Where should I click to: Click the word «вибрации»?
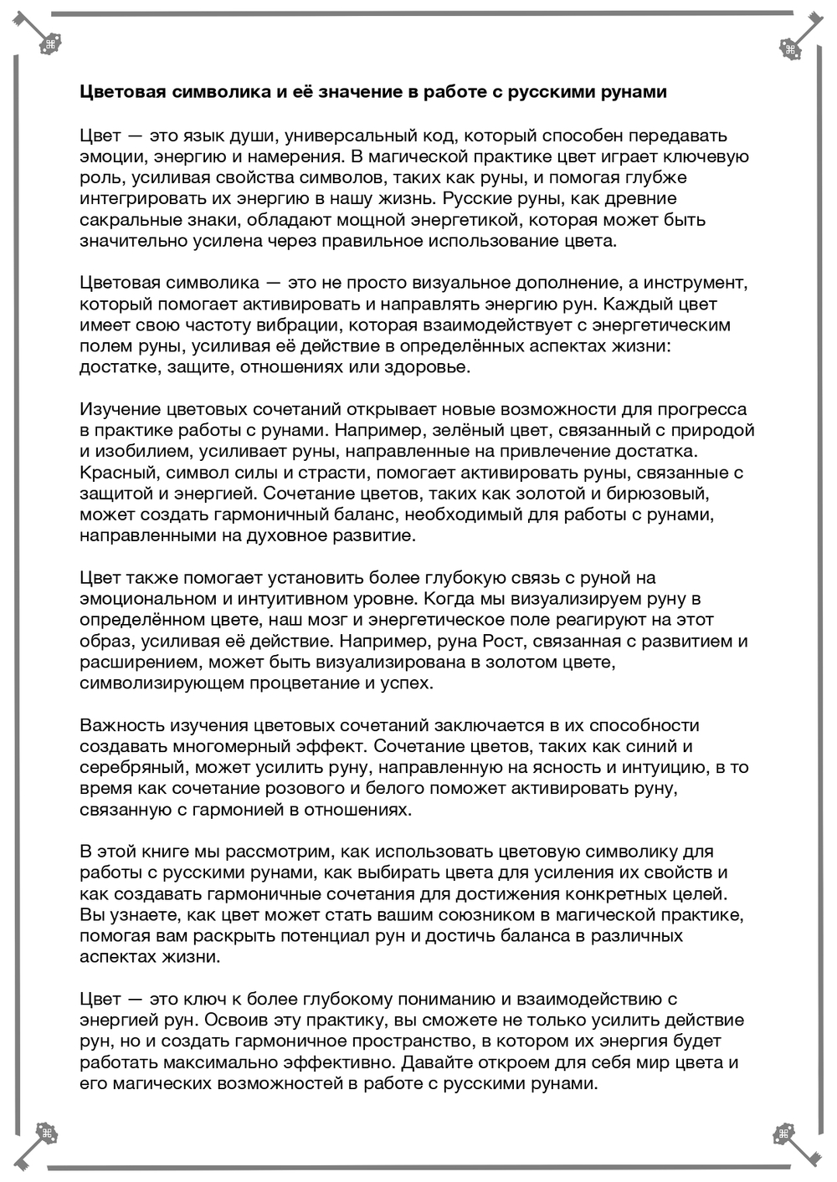295,324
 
